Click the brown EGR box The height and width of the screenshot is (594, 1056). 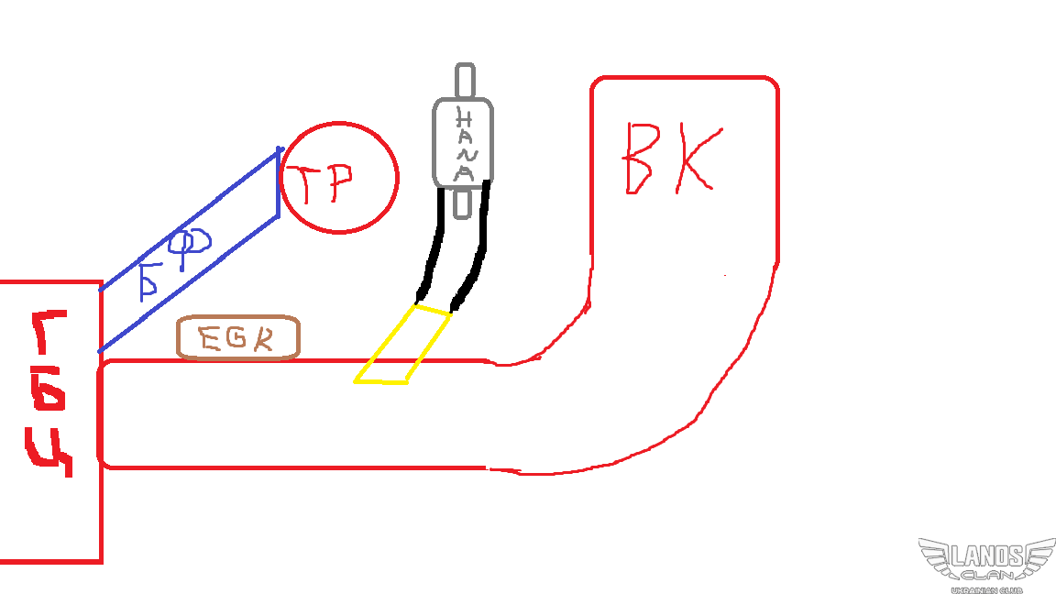238,338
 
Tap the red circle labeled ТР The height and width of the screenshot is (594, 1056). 339,178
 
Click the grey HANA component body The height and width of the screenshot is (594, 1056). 464,142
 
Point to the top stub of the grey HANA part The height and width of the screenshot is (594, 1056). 466,81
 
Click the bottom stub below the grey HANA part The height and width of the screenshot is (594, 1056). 465,203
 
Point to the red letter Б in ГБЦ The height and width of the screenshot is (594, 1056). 51,394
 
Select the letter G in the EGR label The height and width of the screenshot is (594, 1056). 235,339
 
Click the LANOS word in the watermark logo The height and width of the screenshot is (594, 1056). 986,556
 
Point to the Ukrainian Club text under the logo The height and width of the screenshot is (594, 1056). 986,588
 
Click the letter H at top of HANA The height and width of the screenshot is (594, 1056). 464,118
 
